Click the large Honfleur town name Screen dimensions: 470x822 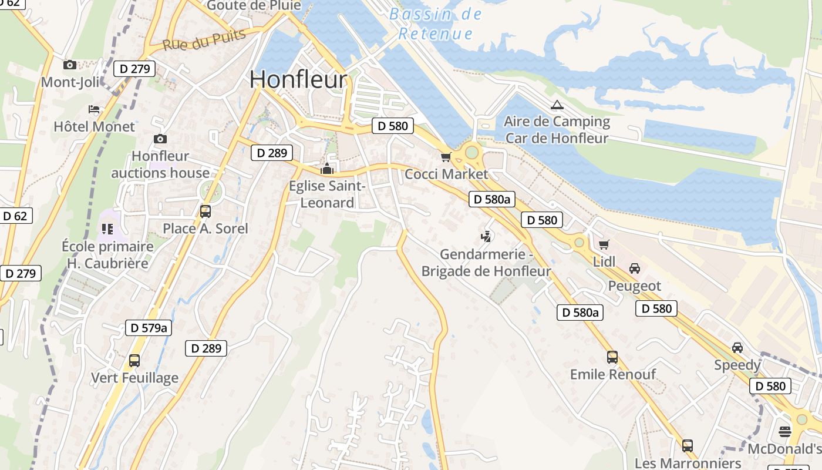pos(298,80)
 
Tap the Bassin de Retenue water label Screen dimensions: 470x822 pos(436,24)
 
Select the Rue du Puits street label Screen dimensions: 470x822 pos(204,40)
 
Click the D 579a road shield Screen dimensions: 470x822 pos(149,328)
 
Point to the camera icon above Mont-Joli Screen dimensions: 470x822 pos(70,65)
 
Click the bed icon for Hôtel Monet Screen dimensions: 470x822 pos(94,109)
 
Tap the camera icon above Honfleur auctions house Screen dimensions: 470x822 pos(160,139)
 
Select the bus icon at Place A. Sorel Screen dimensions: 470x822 pos(205,211)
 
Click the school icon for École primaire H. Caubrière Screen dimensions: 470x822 pos(107,229)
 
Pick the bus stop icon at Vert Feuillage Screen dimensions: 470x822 pos(134,360)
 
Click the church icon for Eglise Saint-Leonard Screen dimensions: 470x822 pos(327,169)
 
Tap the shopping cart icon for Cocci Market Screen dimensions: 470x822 pos(446,157)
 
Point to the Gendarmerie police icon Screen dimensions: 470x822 pos(486,237)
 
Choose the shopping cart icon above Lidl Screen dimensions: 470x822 pos(604,244)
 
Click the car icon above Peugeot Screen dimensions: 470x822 pos(635,268)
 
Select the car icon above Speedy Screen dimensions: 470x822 pos(737,347)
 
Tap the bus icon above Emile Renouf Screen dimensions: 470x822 pos(612,357)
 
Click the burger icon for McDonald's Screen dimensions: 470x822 pos(785,432)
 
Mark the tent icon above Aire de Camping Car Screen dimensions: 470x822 pos(557,105)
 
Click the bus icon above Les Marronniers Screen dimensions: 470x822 pos(688,445)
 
